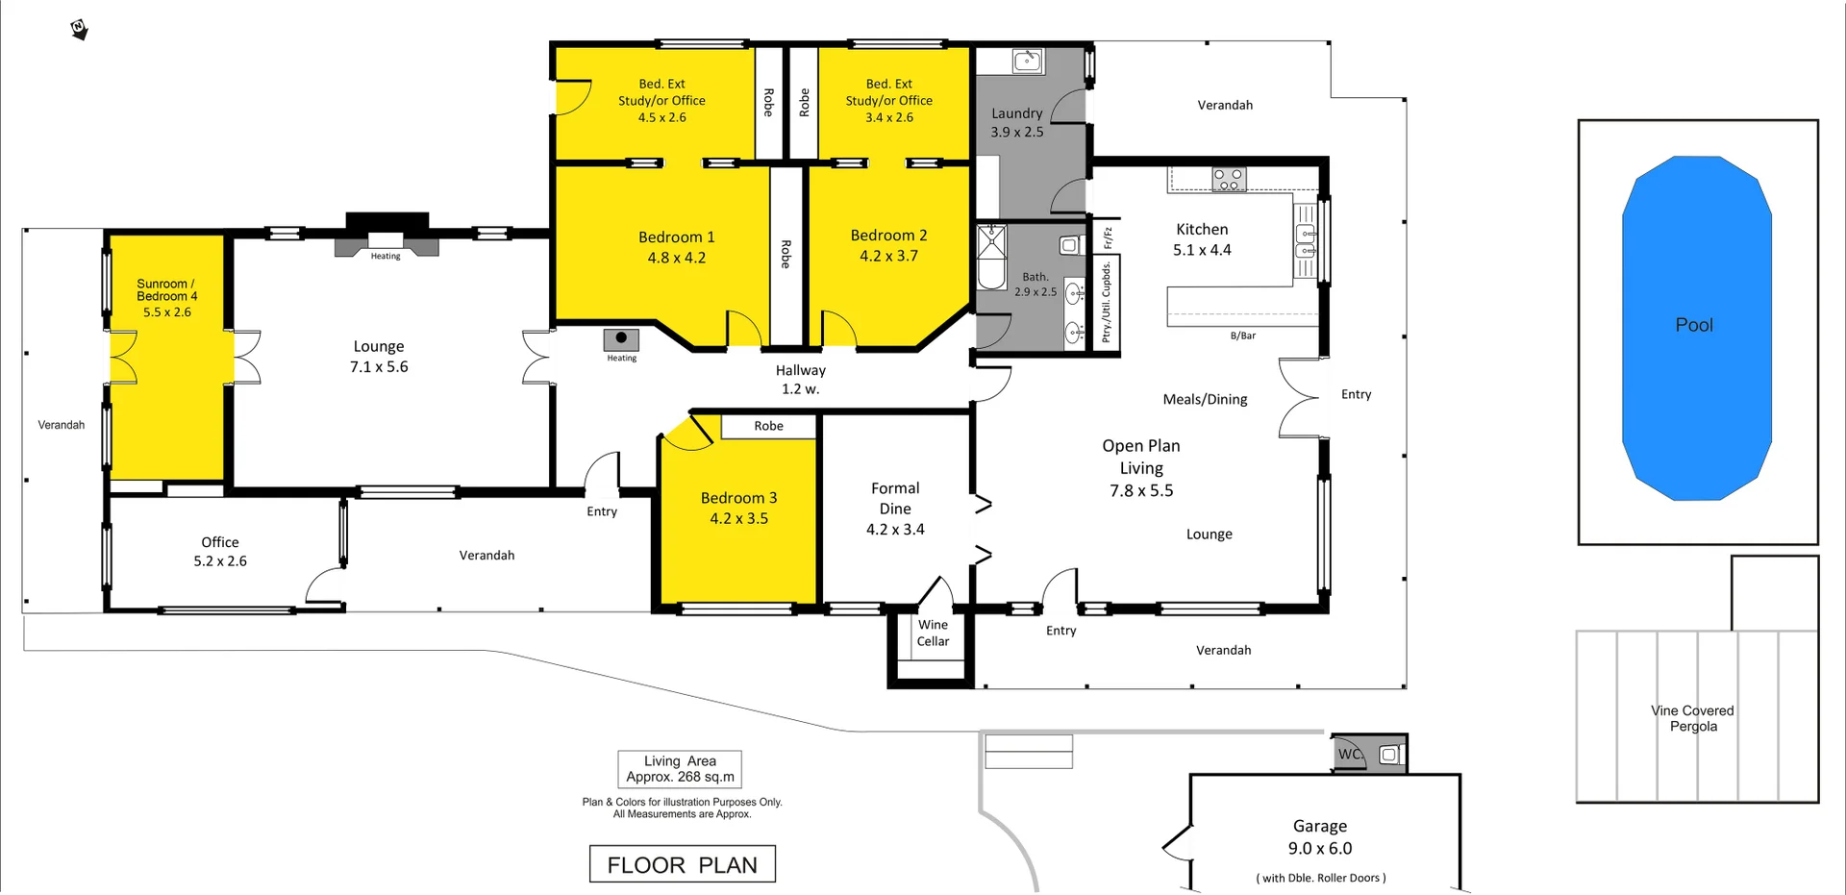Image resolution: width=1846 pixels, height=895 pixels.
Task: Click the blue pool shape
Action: [1696, 327]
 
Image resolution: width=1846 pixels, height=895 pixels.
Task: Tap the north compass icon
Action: [80, 30]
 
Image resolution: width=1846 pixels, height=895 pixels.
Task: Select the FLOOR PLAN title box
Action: [682, 864]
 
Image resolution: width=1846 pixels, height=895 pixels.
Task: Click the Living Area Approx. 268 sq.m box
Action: [680, 769]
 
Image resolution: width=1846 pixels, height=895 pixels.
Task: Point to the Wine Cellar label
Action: [933, 634]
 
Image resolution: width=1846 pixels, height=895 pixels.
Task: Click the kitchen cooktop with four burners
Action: [1228, 178]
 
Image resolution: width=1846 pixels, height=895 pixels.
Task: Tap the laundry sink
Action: [1027, 62]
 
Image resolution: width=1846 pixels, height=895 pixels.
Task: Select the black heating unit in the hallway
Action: [621, 338]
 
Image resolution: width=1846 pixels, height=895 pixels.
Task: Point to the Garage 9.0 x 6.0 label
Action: [1320, 837]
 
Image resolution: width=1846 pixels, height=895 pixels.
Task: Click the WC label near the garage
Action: [1350, 755]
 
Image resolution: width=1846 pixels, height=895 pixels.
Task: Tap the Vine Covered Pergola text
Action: [1692, 718]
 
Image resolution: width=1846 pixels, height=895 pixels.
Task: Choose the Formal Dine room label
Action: [895, 499]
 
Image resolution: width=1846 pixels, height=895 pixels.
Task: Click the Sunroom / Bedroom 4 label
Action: [167, 290]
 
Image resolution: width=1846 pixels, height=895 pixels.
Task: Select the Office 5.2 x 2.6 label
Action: [220, 552]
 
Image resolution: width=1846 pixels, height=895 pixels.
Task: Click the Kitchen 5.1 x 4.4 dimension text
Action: [1202, 250]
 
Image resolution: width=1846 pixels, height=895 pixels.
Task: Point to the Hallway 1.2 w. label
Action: [800, 380]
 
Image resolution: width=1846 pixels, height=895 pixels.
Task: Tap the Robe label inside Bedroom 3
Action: [768, 426]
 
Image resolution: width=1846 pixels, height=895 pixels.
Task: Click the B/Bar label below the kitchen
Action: [1243, 336]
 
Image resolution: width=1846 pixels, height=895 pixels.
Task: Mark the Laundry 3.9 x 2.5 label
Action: [1017, 122]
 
